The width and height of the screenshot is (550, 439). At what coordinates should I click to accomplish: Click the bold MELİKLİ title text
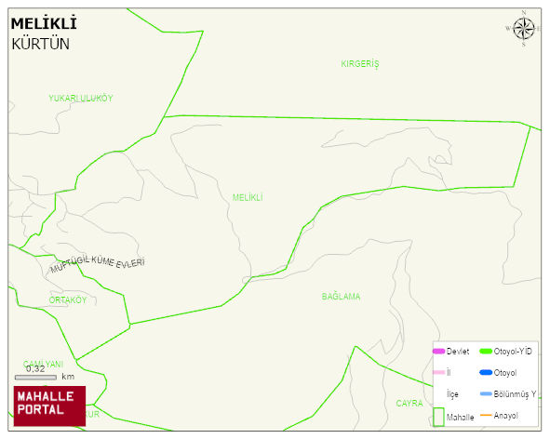pyautogui.click(x=44, y=23)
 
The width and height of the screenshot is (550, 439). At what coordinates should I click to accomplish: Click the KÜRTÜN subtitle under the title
pyautogui.click(x=40, y=43)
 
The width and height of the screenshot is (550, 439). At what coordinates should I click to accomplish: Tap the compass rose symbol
pyautogui.click(x=523, y=29)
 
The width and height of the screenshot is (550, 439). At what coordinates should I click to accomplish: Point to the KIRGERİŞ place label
pyautogui.click(x=360, y=64)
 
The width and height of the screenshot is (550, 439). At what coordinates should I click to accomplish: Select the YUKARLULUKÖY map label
pyautogui.click(x=81, y=99)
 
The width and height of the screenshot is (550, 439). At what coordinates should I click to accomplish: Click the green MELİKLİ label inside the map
pyautogui.click(x=248, y=197)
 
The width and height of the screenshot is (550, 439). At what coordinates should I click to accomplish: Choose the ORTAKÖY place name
pyautogui.click(x=68, y=300)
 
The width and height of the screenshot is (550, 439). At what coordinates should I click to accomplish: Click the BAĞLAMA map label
pyautogui.click(x=341, y=297)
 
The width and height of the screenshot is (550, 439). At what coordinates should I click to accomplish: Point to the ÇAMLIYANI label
pyautogui.click(x=43, y=364)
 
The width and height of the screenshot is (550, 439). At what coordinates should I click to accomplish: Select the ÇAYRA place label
pyautogui.click(x=409, y=404)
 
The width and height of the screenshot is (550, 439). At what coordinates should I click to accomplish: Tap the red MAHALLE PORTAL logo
pyautogui.click(x=49, y=406)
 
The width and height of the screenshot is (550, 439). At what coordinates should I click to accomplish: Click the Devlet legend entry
pyautogui.click(x=450, y=351)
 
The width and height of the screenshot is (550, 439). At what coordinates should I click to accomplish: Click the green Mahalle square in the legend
pyautogui.click(x=437, y=417)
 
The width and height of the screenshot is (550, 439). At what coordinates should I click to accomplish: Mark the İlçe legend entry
pyautogui.click(x=452, y=394)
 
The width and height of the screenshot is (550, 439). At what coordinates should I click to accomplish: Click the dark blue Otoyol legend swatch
pyautogui.click(x=485, y=373)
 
